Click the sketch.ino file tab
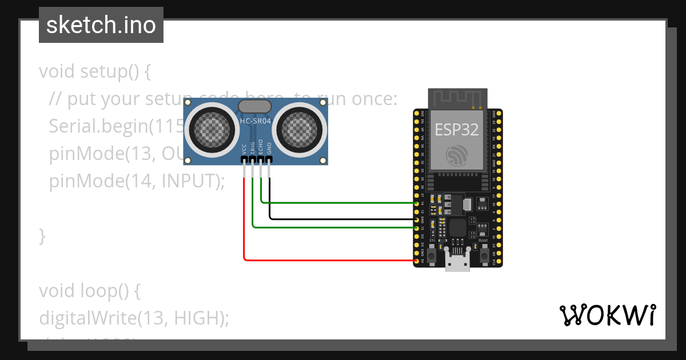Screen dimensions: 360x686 point(101,25)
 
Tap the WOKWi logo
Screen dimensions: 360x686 point(607,315)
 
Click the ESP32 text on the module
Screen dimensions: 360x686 point(457,130)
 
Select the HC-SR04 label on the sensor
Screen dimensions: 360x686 point(256,122)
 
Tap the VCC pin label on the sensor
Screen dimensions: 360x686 point(245,149)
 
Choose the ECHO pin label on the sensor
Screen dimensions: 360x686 point(261,147)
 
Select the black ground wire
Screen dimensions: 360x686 point(343,219)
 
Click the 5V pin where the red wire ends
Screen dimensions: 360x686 point(417,261)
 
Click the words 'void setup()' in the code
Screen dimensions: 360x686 point(94,72)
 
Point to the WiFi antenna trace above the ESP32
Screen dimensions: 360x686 point(457,98)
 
